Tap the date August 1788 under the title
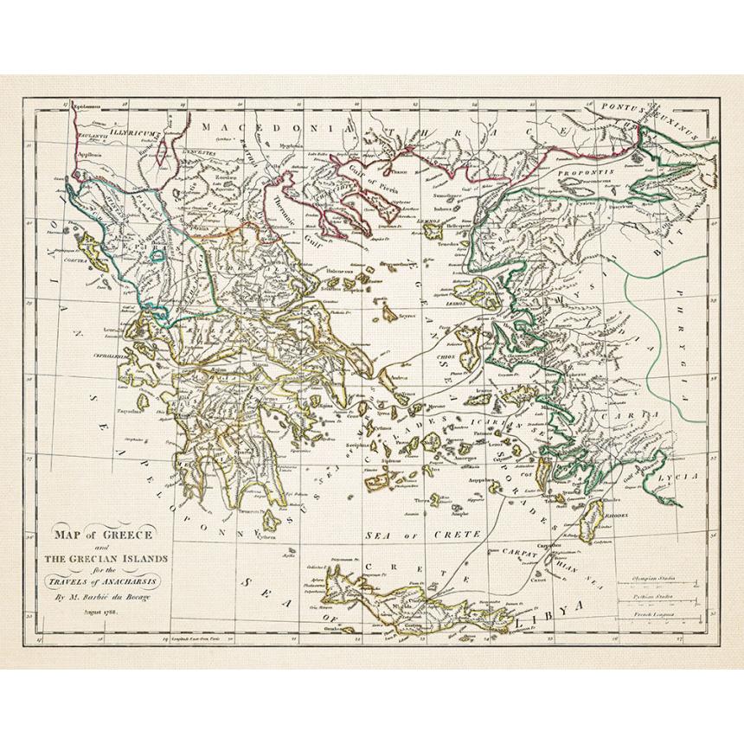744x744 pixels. pos(100,611)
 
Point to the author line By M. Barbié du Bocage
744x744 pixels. pos(104,597)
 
